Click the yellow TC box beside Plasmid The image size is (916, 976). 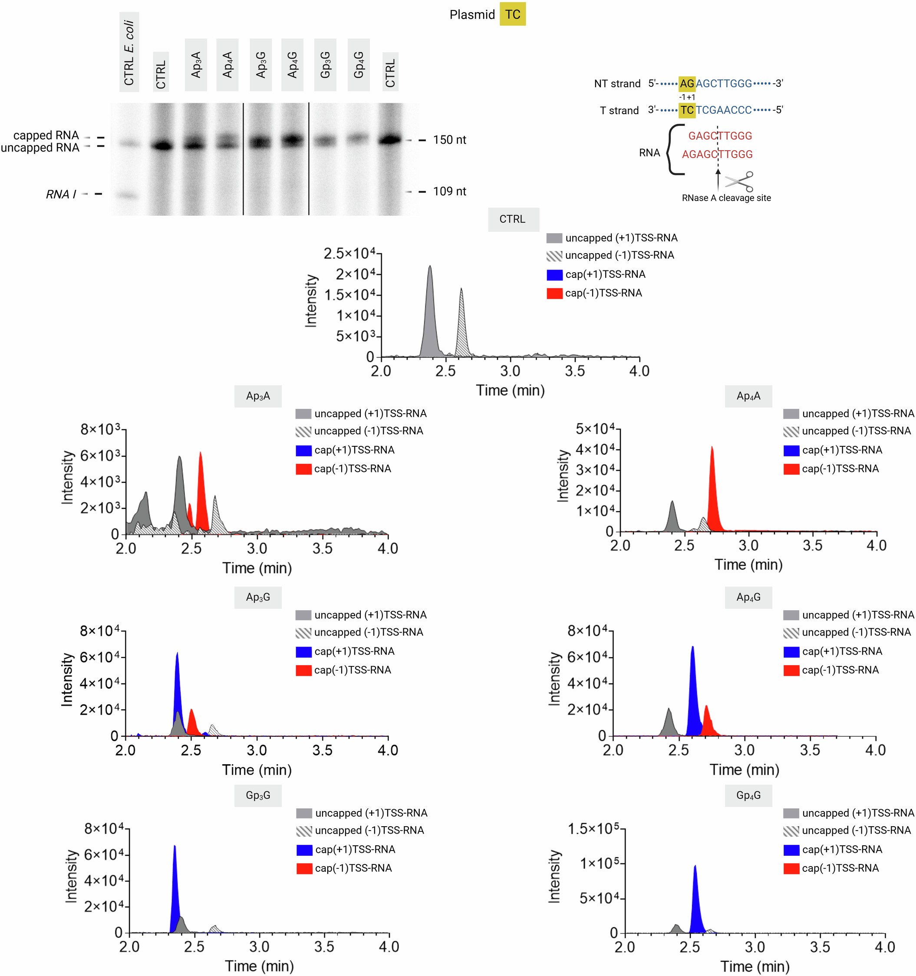point(513,14)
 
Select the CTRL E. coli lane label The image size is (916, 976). point(129,52)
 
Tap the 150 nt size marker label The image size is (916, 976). point(449,140)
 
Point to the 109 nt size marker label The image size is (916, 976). point(449,191)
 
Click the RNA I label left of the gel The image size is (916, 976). point(61,195)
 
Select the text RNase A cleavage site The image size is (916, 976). point(726,198)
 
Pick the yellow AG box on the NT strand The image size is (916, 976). point(687,83)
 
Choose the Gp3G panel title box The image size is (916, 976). point(258,795)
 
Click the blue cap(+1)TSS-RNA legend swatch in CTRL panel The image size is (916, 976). point(554,275)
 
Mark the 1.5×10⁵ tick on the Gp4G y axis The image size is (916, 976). point(593,829)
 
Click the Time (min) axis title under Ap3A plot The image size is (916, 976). point(257,568)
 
